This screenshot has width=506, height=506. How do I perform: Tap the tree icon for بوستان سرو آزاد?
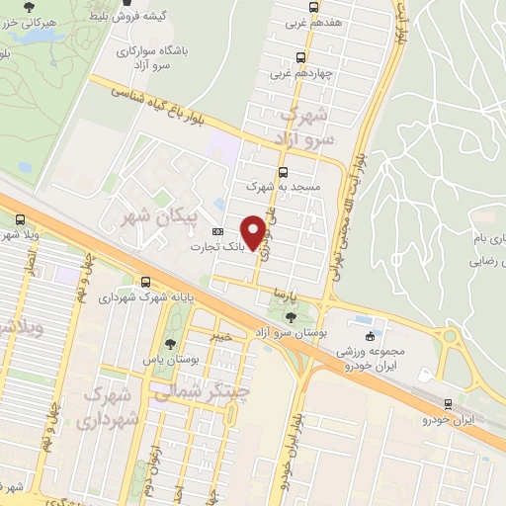click(291, 317)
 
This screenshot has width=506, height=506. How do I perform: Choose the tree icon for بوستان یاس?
click(171, 344)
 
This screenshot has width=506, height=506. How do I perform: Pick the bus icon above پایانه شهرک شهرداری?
click(146, 283)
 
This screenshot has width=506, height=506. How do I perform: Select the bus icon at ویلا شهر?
click(22, 221)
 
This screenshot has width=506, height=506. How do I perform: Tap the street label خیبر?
click(221, 336)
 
